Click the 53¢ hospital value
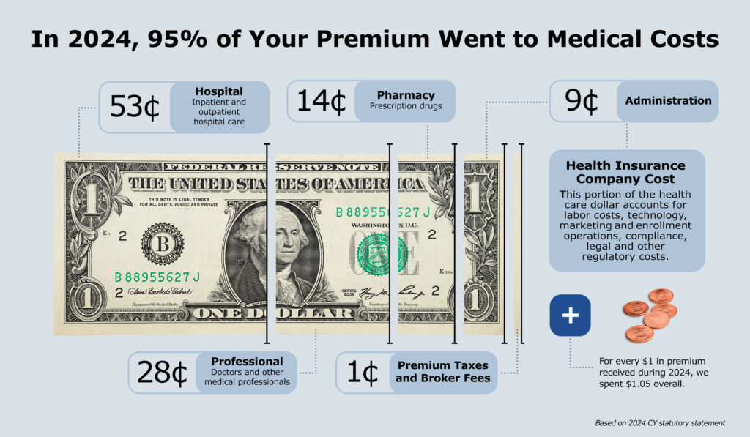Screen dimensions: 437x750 click(x=135, y=107)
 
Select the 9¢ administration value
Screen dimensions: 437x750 click(x=582, y=101)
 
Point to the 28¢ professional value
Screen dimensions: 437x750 click(x=163, y=373)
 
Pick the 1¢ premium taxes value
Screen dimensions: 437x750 click(x=361, y=373)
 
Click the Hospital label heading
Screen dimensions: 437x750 click(x=219, y=91)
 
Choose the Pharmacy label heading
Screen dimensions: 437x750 click(x=406, y=95)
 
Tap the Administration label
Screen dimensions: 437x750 click(x=668, y=101)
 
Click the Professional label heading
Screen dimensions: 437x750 click(x=247, y=362)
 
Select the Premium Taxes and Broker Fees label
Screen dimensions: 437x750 click(x=442, y=372)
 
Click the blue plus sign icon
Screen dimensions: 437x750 click(x=569, y=315)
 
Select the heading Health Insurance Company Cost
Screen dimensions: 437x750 click(x=625, y=172)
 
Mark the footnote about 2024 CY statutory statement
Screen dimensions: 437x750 click(x=659, y=422)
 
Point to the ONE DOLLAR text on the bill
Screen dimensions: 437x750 click(x=286, y=313)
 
